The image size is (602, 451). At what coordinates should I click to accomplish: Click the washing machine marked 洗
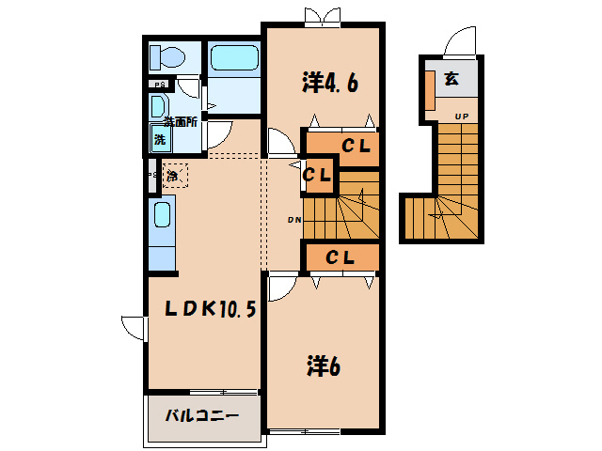point(159,139)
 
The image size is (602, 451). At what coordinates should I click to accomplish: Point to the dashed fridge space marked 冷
point(174,175)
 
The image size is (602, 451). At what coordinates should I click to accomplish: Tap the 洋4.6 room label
point(329,83)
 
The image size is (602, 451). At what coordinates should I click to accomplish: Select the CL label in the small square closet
point(318,175)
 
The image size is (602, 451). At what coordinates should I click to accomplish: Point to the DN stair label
point(293,221)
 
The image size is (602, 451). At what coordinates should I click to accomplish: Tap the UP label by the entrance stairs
point(462,117)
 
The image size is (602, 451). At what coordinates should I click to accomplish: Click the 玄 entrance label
point(451,80)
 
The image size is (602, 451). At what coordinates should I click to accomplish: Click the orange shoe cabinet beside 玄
point(429,89)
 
